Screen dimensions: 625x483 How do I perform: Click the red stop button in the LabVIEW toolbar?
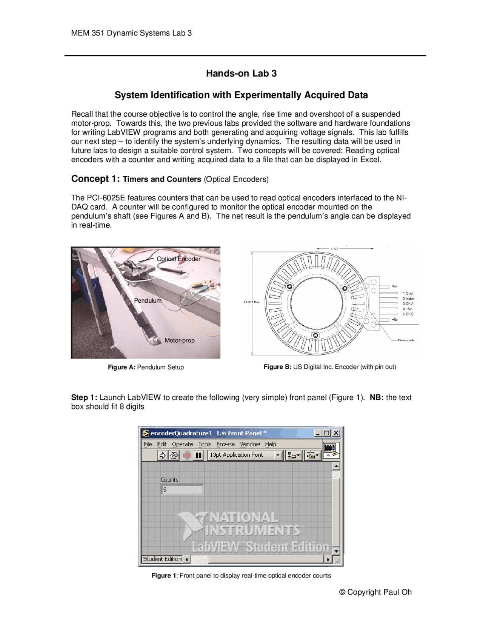click(x=187, y=455)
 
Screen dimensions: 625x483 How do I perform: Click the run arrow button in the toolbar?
click(x=162, y=455)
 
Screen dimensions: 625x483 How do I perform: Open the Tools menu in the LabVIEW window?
click(x=205, y=444)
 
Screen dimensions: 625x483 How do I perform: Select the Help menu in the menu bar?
click(x=271, y=444)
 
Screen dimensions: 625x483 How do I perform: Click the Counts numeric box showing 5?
click(x=182, y=490)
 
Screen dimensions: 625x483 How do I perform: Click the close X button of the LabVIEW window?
click(x=336, y=433)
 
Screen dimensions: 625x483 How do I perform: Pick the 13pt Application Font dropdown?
click(x=245, y=455)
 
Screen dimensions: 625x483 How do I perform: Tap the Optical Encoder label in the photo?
click(x=178, y=259)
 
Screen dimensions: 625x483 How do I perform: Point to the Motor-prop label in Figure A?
click(x=180, y=340)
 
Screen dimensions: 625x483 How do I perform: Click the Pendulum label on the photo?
click(x=148, y=300)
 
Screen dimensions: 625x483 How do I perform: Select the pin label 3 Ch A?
click(x=408, y=303)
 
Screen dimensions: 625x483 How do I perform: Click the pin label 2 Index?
click(x=408, y=299)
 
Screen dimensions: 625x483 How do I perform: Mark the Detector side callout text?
click(x=406, y=340)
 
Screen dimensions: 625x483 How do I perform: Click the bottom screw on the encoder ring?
click(x=316, y=335)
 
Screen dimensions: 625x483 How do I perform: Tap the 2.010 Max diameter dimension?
click(x=251, y=302)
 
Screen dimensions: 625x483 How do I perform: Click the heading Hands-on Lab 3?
click(x=241, y=73)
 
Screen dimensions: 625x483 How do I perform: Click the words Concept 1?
click(x=95, y=179)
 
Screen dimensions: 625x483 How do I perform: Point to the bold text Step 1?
click(x=84, y=397)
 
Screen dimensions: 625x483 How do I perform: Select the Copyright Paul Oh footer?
click(x=375, y=592)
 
